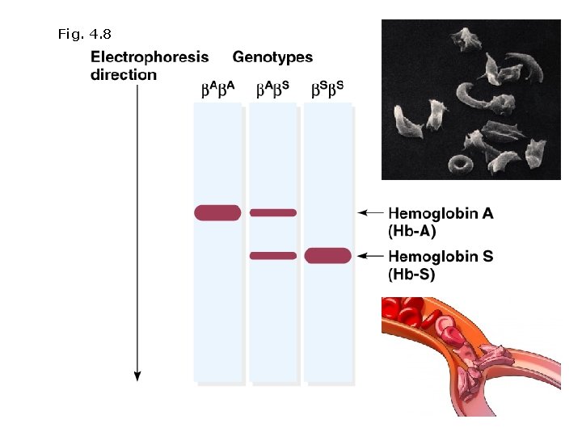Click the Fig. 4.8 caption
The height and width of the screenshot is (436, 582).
click(84, 34)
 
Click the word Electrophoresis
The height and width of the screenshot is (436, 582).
click(150, 57)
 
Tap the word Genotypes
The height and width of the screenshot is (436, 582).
click(272, 57)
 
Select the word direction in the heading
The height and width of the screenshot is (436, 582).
click(124, 75)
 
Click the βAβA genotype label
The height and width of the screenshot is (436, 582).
click(217, 89)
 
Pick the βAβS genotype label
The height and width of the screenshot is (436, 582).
click(273, 89)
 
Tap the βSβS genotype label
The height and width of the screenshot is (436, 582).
click(328, 89)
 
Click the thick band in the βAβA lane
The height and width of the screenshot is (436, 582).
click(217, 212)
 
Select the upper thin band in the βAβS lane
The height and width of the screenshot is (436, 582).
click(273, 212)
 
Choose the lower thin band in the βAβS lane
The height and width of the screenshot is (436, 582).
click(273, 256)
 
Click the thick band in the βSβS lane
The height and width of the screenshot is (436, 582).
click(328, 256)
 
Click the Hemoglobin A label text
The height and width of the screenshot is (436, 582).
click(441, 213)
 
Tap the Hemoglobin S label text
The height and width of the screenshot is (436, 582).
click(441, 257)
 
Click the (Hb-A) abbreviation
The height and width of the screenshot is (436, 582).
click(412, 231)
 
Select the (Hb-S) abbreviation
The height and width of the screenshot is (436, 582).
click(412, 275)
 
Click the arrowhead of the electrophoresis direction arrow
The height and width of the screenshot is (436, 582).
click(137, 375)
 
